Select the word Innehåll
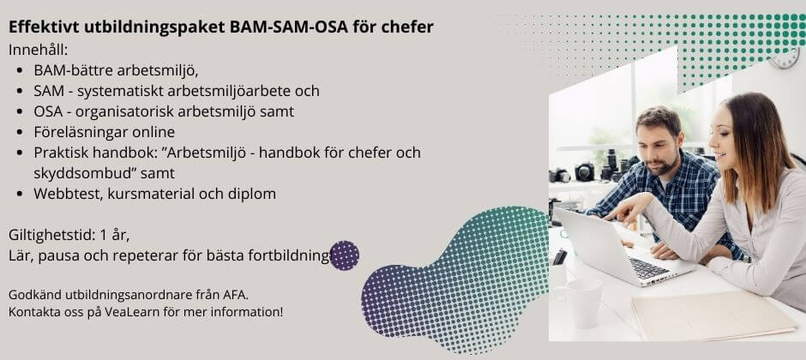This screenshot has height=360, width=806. [37, 50]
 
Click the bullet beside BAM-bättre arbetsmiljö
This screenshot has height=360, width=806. [21, 70]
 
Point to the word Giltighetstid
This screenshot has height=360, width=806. [48, 235]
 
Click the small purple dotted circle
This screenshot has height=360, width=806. [344, 255]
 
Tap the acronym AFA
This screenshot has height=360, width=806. [234, 295]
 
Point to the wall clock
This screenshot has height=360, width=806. [785, 58]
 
